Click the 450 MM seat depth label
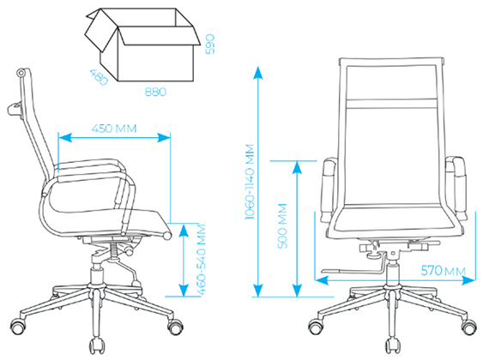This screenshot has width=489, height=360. pos(114,129)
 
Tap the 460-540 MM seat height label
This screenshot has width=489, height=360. pos(202,260)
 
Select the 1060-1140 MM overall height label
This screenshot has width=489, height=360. pos(250,182)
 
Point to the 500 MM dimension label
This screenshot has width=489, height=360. pos(282,225)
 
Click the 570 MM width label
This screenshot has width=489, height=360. pos(444,271)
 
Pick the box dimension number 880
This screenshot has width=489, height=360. pos(155,92)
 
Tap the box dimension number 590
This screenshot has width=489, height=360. pos(210,44)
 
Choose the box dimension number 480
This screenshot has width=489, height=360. pos(99,77)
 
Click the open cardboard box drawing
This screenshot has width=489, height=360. pos(142,45)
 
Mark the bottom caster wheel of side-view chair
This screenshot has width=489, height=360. pos(97,345)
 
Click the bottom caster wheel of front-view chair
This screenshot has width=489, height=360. pos(391,345)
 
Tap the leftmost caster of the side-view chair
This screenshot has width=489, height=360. pos(18,326)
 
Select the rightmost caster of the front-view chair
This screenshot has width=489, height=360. pos(469,327)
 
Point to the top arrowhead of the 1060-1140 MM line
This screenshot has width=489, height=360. pos(258,72)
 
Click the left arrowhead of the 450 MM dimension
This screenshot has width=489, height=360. pos(65,137)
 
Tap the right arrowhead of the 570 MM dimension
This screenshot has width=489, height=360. pos(468,280)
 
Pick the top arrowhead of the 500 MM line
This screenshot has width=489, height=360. pos(298,167)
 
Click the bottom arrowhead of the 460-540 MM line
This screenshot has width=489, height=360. pos(184,290)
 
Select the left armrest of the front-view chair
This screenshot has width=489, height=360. pos(329,190)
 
